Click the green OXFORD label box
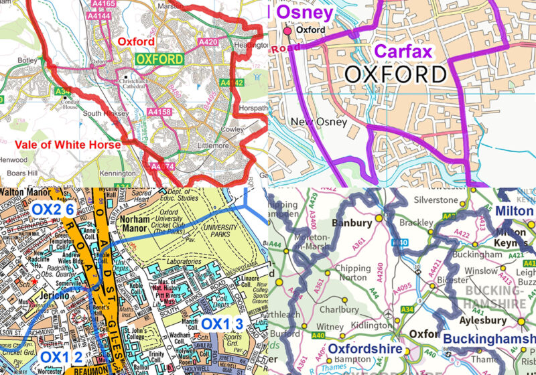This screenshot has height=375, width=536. pos(159,59)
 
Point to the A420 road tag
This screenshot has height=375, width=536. pos(207,42)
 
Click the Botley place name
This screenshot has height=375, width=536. pos(28,60)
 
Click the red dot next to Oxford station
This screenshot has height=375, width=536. pos(288,31)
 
